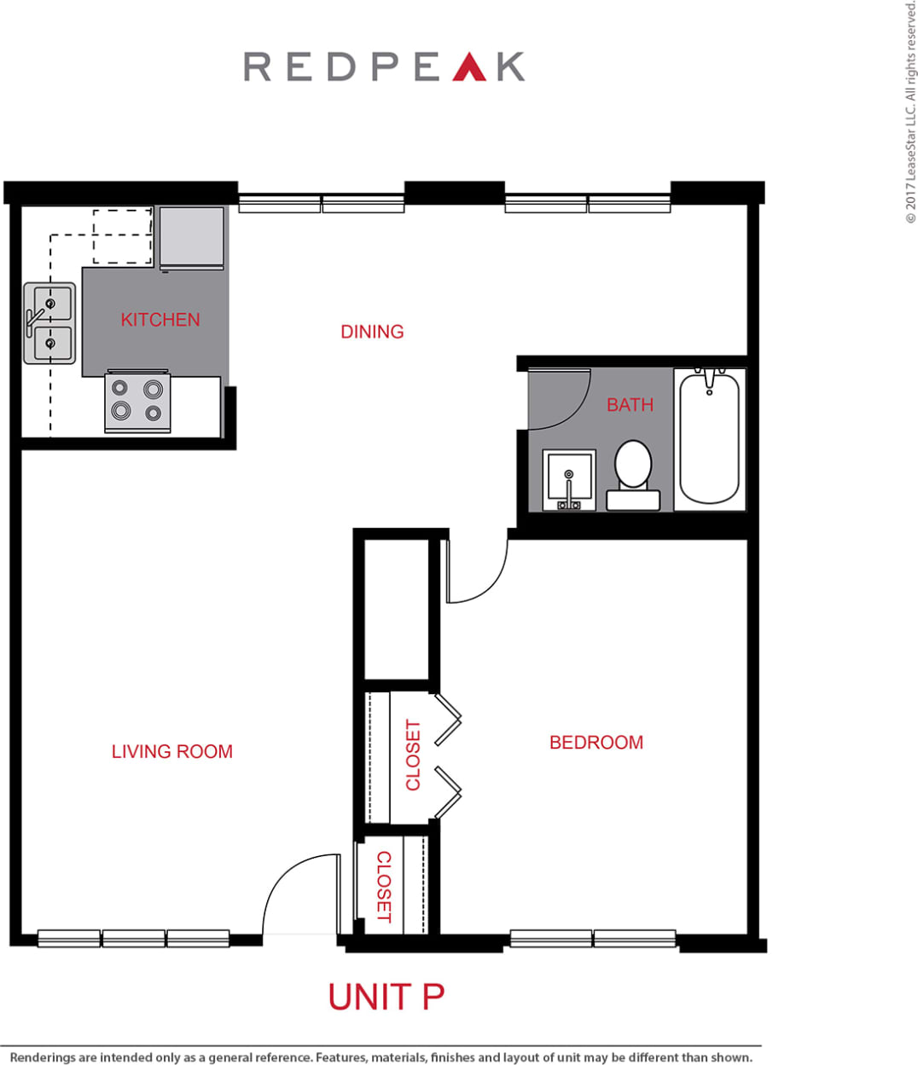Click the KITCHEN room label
(x=160, y=320)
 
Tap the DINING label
(x=372, y=332)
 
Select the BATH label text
(x=630, y=405)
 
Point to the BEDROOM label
(x=596, y=743)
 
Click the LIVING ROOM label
(x=171, y=751)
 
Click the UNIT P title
(x=386, y=997)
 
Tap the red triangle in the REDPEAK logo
(x=469, y=67)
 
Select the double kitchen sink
(x=49, y=323)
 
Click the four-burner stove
(x=137, y=402)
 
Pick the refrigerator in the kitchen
(x=192, y=237)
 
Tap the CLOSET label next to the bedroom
(x=413, y=755)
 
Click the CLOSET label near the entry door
(x=384, y=886)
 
